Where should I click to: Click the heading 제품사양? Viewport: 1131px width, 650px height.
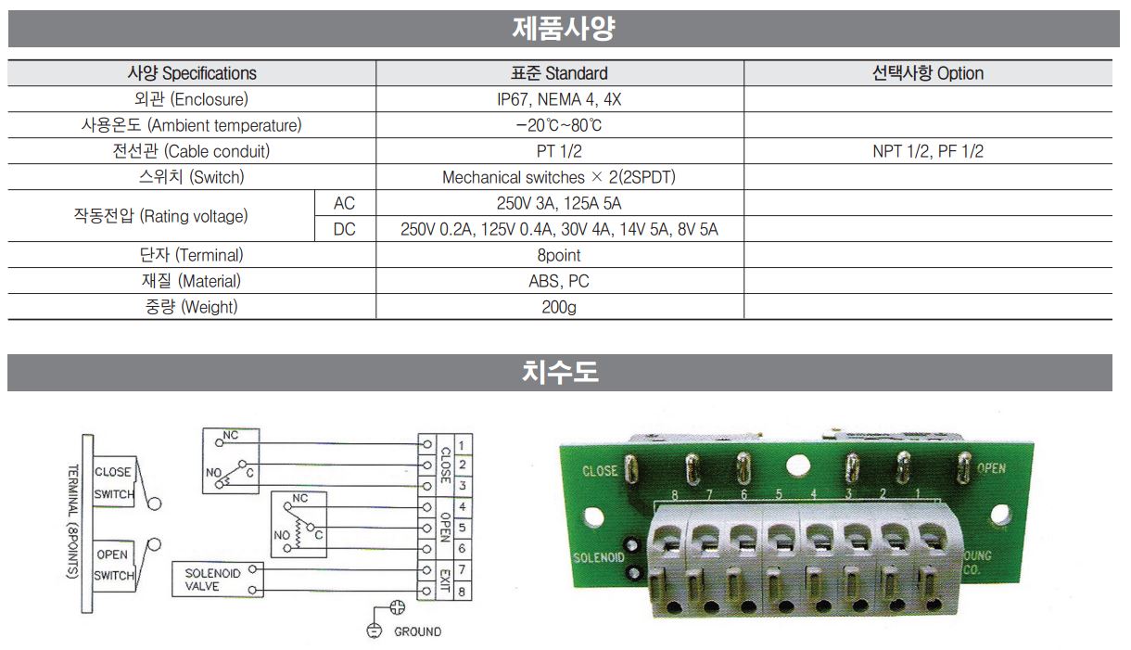[564, 29]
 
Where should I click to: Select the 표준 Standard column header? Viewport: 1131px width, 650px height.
[559, 73]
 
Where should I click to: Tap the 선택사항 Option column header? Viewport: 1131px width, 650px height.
[928, 73]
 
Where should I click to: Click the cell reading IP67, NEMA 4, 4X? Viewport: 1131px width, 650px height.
[559, 99]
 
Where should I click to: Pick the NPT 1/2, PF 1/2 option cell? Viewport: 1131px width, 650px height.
[928, 151]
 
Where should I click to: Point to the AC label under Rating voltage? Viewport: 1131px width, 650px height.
[344, 203]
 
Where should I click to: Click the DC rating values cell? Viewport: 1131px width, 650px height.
[559, 229]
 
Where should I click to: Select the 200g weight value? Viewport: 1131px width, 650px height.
[559, 307]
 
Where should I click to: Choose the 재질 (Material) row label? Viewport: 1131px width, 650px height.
[191, 281]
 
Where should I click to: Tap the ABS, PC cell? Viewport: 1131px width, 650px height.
[559, 281]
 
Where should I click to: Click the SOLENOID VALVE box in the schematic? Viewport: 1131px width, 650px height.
[218, 580]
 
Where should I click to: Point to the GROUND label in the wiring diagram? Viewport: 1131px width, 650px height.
[417, 631]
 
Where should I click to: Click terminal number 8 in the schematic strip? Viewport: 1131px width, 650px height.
[462, 592]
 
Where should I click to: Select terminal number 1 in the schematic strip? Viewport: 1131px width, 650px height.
[462, 446]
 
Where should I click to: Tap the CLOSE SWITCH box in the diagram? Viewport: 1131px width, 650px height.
[115, 482]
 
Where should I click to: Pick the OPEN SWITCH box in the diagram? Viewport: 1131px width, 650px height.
[115, 565]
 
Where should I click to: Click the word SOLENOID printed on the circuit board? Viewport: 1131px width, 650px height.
[599, 557]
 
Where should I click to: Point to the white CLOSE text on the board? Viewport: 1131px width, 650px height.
[600, 471]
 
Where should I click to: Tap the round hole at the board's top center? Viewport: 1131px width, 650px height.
[798, 466]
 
